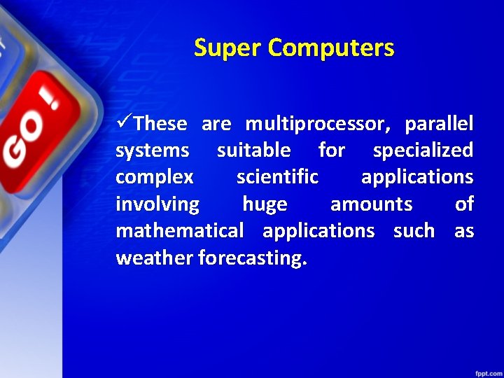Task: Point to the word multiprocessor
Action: (x=315, y=125)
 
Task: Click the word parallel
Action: (x=439, y=125)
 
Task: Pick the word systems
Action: (x=152, y=150)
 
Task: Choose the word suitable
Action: (x=253, y=150)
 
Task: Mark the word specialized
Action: (x=423, y=150)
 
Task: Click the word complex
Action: (x=155, y=177)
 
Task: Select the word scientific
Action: (x=277, y=177)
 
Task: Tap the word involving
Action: (x=157, y=204)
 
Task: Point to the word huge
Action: (x=265, y=204)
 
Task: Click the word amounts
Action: (x=371, y=204)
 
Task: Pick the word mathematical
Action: (x=180, y=231)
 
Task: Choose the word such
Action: (x=414, y=231)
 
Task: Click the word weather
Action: (x=155, y=258)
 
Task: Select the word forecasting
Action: (x=252, y=258)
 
